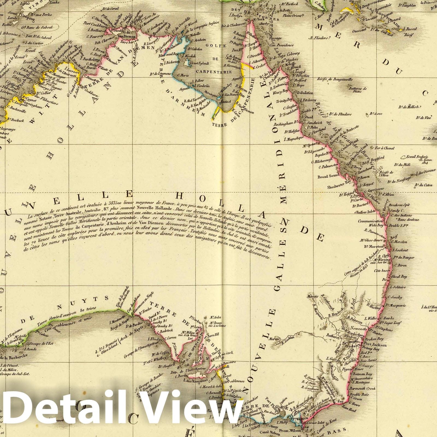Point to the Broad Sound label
pyautogui.click(x=327, y=176)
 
